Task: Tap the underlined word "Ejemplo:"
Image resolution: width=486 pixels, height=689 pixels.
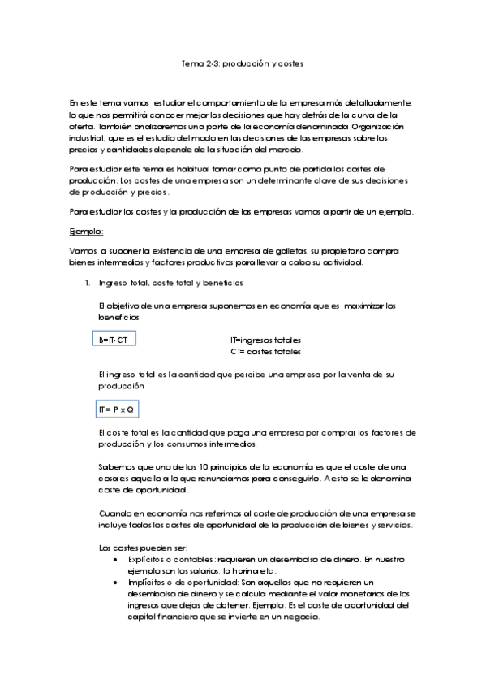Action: click(x=87, y=232)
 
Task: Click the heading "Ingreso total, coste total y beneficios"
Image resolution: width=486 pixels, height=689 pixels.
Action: click(x=164, y=284)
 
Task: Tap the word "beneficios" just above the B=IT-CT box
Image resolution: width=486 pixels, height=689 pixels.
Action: click(x=119, y=317)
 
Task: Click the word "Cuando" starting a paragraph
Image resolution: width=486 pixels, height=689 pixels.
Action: click(x=114, y=514)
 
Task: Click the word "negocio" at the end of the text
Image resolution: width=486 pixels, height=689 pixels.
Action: click(x=303, y=617)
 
